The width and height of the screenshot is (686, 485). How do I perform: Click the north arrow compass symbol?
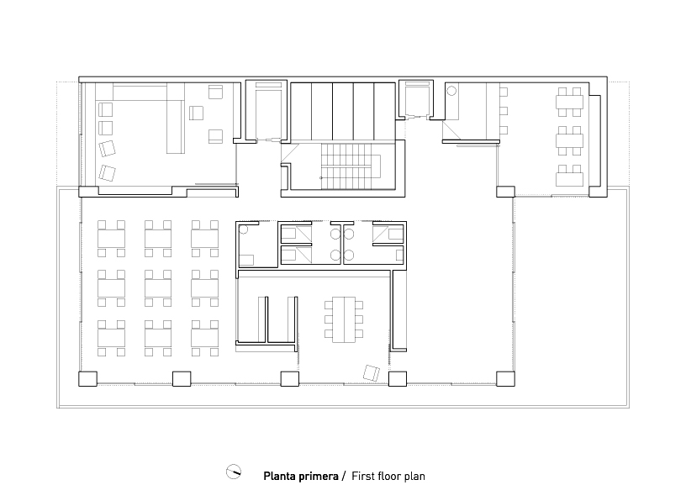click(x=234, y=472)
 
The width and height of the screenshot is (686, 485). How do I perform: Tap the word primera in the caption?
click(x=318, y=477)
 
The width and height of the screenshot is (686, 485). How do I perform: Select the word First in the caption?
click(x=361, y=476)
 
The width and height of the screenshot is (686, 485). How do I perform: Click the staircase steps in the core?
click(x=351, y=166)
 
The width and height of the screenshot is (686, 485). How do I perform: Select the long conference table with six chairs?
click(x=344, y=319)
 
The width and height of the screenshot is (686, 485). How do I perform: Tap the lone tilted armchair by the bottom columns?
click(x=371, y=373)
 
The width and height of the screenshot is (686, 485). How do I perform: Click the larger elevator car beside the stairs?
click(x=266, y=112)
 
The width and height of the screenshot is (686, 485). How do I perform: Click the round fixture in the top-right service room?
click(x=451, y=91)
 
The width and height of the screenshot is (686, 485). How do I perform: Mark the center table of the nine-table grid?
click(x=158, y=288)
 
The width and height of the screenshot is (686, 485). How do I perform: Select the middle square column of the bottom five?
click(x=290, y=379)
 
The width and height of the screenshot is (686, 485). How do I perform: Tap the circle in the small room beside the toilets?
click(x=244, y=229)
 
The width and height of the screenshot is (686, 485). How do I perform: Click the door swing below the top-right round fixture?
click(x=451, y=130)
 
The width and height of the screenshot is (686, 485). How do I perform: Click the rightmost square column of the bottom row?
click(x=505, y=379)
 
